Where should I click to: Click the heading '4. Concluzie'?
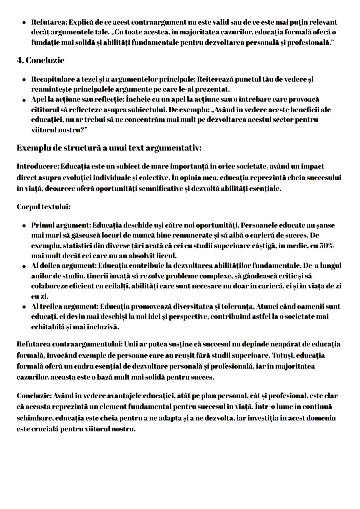[x=40, y=60]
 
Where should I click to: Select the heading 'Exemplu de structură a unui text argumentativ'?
[x=109, y=148]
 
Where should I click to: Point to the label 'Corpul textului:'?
[x=43, y=207]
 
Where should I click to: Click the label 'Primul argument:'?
[x=61, y=225]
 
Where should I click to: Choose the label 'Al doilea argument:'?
[x=64, y=266]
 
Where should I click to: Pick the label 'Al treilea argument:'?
[x=65, y=306]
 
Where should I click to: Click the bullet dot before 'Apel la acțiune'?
[x=24, y=100]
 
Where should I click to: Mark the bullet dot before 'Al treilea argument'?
[x=24, y=307]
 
